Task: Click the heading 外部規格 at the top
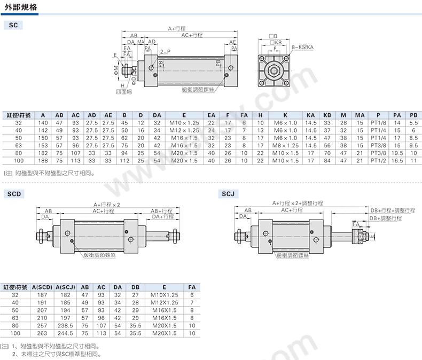tap(21, 7)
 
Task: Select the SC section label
tap(13, 25)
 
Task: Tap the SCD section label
tap(14, 194)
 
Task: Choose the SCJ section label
tap(228, 194)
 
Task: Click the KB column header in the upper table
tap(327, 115)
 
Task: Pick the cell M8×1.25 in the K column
tap(285, 146)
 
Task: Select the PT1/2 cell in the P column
tap(378, 161)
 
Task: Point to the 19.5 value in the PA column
tap(397, 153)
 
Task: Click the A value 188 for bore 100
tap(43, 161)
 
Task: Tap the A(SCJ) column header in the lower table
tap(65, 287)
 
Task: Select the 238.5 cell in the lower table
tap(65, 326)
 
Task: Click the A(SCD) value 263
tap(42, 333)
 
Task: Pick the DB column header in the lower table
tap(135, 287)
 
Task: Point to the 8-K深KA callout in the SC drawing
tap(303, 47)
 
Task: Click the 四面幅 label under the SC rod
tap(124, 92)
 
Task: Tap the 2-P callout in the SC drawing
tap(165, 52)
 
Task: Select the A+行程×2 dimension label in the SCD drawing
tap(107, 205)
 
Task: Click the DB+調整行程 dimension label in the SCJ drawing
tap(385, 218)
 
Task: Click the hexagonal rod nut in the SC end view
tap(274, 71)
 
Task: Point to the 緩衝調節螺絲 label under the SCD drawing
tap(99, 255)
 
